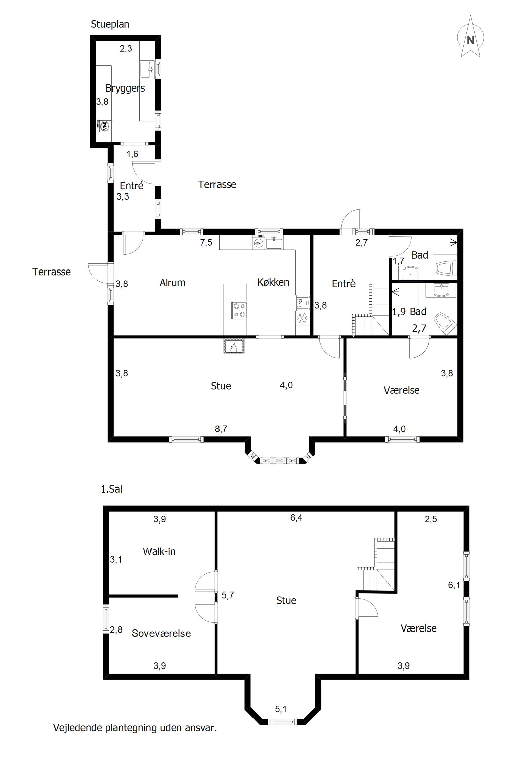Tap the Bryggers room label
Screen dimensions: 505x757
(125, 88)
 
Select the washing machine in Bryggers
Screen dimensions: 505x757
(104, 126)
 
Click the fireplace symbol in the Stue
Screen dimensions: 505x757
(234, 346)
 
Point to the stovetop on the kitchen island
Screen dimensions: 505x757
(239, 310)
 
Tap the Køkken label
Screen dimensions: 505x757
(273, 282)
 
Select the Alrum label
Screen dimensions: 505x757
(172, 283)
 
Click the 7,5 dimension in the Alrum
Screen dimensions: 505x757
(206, 242)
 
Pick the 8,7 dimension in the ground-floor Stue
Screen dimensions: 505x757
(221, 429)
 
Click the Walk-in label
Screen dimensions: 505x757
(159, 551)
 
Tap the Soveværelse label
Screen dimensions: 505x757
(161, 633)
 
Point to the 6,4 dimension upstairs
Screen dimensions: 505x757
(296, 518)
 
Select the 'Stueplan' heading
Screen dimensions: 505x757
(110, 24)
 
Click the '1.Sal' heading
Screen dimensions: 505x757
(111, 489)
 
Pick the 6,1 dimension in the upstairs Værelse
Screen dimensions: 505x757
(454, 585)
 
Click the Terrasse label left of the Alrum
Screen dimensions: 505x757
(52, 272)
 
